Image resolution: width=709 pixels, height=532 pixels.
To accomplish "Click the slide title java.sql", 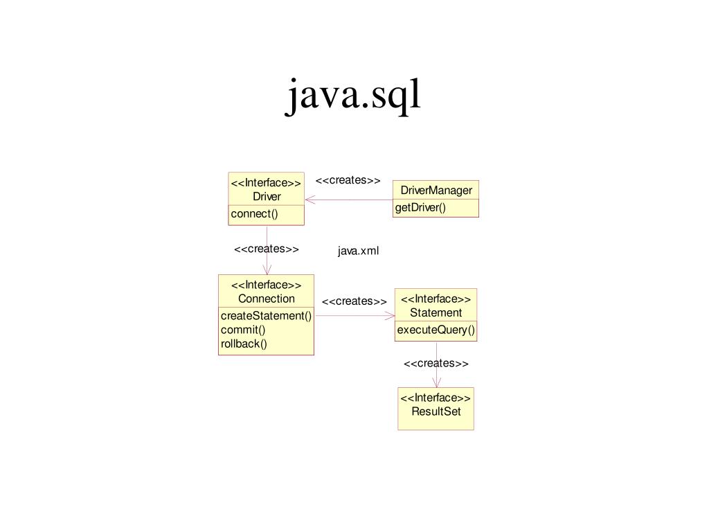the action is pyautogui.click(x=354, y=95).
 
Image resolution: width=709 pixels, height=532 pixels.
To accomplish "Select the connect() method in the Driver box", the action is pyautogui.click(x=254, y=213).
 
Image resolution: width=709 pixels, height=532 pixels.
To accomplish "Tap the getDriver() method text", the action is pyautogui.click(x=420, y=208).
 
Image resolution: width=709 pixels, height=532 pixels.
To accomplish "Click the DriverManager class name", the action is pyautogui.click(x=436, y=190).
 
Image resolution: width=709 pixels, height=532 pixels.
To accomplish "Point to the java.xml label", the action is pyautogui.click(x=359, y=251).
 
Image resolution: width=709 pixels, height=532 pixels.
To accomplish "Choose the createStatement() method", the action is pyautogui.click(x=266, y=316).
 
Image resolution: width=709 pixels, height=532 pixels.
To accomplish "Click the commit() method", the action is pyautogui.click(x=243, y=330).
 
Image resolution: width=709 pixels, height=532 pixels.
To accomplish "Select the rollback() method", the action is pyautogui.click(x=244, y=344).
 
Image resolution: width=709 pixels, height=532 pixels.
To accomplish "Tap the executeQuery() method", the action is pyautogui.click(x=436, y=330).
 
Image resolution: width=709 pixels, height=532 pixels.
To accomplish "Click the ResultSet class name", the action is pyautogui.click(x=436, y=411).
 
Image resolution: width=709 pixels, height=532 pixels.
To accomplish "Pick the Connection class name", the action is pyautogui.click(x=267, y=299).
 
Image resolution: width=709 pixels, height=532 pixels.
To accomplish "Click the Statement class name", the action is pyautogui.click(x=436, y=312).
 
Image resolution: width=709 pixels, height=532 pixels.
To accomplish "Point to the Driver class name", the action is pyautogui.click(x=267, y=197).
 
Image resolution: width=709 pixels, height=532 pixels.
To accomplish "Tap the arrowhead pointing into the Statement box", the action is pyautogui.click(x=389, y=316).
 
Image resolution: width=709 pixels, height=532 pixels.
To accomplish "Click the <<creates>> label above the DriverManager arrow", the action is pyautogui.click(x=348, y=180).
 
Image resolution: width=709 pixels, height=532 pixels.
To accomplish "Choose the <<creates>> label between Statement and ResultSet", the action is pyautogui.click(x=436, y=364).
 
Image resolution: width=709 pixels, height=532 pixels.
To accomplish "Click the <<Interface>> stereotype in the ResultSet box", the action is pyautogui.click(x=436, y=398).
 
